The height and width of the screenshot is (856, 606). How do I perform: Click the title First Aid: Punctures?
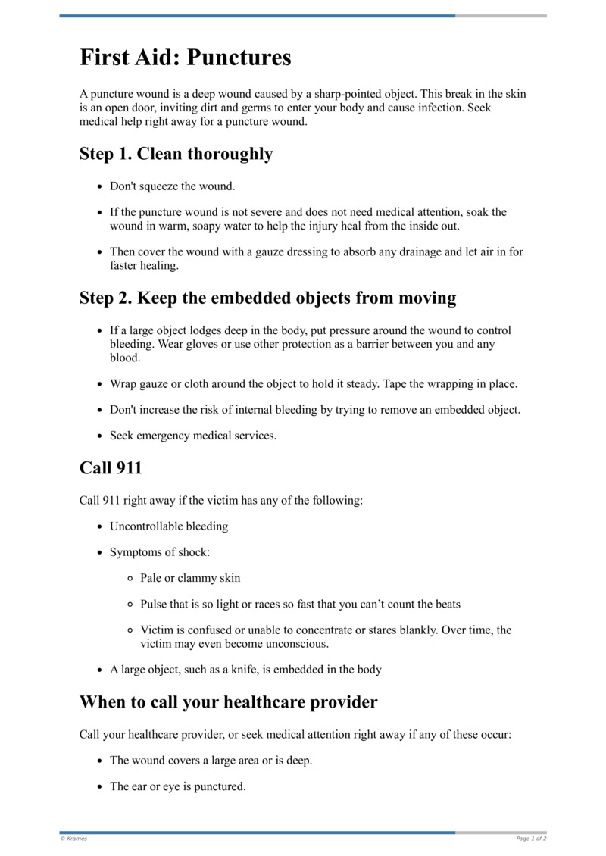click(x=186, y=58)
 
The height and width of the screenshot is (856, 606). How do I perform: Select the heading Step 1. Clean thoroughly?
click(x=176, y=154)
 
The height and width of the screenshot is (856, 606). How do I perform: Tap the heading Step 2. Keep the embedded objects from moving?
click(x=267, y=298)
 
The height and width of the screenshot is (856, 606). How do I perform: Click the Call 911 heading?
click(x=111, y=467)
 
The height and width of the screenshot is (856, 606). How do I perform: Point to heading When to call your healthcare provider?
click(x=228, y=701)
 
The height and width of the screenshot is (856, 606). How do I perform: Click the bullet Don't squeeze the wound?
click(x=172, y=186)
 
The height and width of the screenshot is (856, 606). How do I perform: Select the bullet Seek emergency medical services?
click(x=193, y=436)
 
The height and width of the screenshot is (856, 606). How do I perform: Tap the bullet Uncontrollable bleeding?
click(x=169, y=526)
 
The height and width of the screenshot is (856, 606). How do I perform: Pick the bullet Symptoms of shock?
click(x=160, y=551)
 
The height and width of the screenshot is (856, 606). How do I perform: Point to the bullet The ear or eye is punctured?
click(x=178, y=786)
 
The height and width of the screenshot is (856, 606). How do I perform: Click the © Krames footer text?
click(x=73, y=839)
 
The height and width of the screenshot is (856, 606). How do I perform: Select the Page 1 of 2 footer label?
click(x=531, y=839)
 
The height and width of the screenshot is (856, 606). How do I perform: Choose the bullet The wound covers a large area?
click(x=211, y=760)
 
